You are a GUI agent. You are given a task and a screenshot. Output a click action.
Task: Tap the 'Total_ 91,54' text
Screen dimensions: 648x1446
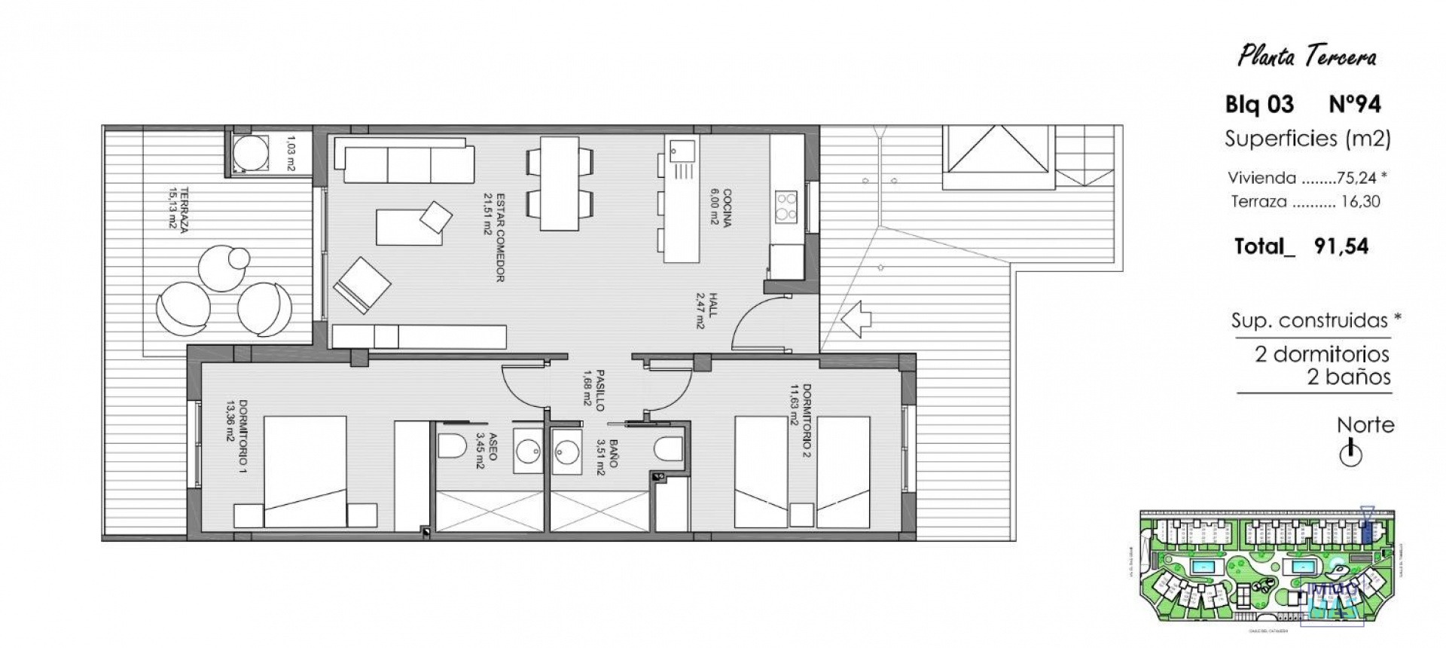pos(1301,246)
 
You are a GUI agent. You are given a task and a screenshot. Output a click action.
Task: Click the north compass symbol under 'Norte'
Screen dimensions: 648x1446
pos(1351,454)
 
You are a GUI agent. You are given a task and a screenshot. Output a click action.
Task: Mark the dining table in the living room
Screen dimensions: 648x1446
pos(560,183)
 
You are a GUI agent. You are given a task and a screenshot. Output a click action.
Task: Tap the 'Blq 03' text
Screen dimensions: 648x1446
pos(1259,104)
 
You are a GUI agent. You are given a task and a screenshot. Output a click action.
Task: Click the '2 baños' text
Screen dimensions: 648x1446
pos(1348,377)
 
